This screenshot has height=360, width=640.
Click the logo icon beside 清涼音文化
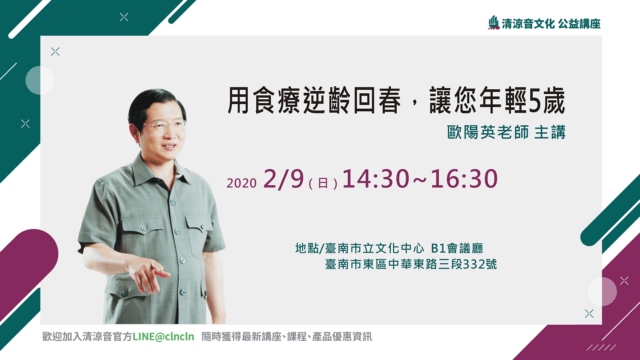(x=494, y=23)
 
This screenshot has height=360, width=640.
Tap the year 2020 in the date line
(x=242, y=183)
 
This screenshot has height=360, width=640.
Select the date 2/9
(x=284, y=179)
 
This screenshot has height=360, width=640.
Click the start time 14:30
(x=376, y=179)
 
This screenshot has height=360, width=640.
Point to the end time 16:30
(x=464, y=179)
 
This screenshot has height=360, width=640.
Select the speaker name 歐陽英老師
(x=488, y=132)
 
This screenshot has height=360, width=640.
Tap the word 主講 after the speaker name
(x=550, y=132)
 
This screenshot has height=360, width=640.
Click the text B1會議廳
(x=457, y=248)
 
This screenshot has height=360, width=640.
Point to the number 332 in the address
(x=474, y=264)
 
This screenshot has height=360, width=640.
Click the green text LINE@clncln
(x=163, y=337)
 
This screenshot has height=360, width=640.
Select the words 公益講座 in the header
(x=579, y=24)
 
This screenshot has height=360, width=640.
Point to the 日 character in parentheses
(x=323, y=183)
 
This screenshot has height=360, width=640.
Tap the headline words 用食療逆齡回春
(x=314, y=100)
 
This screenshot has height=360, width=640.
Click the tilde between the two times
(x=420, y=180)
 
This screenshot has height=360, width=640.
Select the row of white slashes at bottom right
(x=601, y=347)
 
